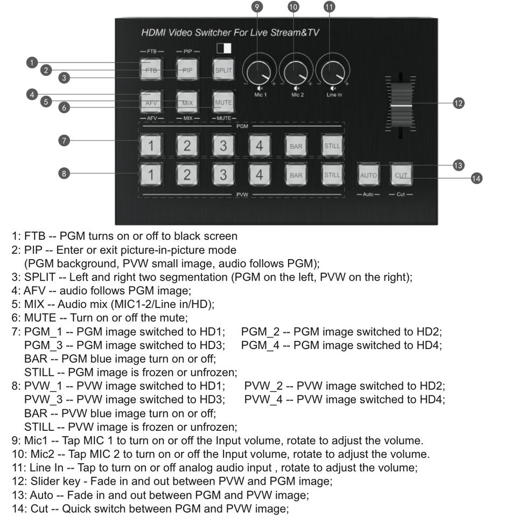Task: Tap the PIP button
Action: click(x=187, y=70)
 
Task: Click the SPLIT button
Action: click(x=223, y=70)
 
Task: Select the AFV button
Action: click(x=151, y=102)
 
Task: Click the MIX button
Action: click(x=187, y=102)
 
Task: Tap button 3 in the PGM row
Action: click(x=223, y=145)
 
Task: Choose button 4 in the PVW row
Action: click(x=259, y=174)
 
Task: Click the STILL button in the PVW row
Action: click(x=332, y=174)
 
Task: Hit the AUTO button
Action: click(x=368, y=175)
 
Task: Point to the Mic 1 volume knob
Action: click(x=259, y=72)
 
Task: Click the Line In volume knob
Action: click(x=332, y=72)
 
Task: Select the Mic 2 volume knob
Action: click(x=296, y=72)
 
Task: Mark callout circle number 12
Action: click(x=458, y=103)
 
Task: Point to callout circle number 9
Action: click(x=257, y=6)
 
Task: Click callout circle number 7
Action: click(x=64, y=141)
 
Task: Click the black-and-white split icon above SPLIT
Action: click(x=223, y=48)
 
